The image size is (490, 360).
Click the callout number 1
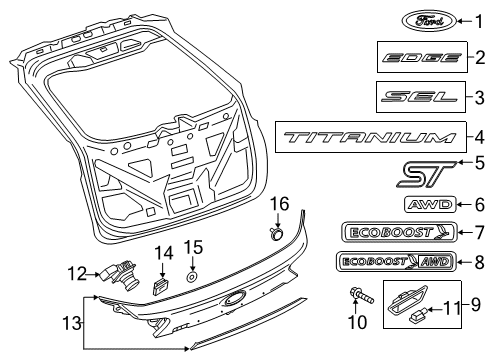coord(477,20)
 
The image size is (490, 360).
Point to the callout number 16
coord(282,204)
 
